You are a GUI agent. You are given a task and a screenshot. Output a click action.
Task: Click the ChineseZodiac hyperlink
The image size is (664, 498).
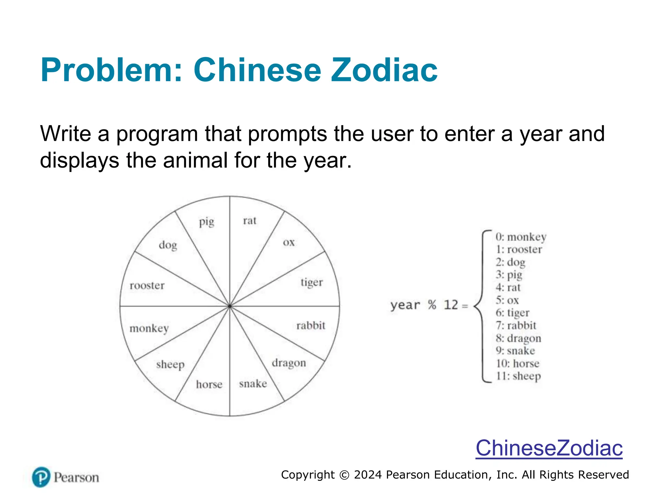click(x=549, y=448)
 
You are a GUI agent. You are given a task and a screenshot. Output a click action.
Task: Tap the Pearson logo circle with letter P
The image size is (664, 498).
click(x=41, y=477)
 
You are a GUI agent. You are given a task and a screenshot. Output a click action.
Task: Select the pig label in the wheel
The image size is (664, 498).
click(x=207, y=222)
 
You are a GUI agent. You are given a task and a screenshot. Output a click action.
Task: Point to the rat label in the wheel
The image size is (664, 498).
click(x=250, y=221)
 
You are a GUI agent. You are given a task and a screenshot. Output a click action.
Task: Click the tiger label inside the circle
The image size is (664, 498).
click(x=312, y=282)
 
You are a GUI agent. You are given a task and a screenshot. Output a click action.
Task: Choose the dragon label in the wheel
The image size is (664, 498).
click(x=289, y=363)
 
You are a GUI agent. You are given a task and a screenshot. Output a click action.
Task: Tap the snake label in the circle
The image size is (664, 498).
click(x=253, y=384)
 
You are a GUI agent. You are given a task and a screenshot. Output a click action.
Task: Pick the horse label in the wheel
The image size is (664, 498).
click(x=209, y=385)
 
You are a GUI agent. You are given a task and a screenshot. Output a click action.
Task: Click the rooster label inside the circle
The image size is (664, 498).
click(x=147, y=286)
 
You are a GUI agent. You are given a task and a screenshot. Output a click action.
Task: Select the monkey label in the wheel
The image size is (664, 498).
click(x=149, y=328)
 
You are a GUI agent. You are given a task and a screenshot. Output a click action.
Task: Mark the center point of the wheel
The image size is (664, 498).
click(x=230, y=306)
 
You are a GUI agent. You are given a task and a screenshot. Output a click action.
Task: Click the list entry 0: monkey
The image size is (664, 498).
click(x=521, y=237)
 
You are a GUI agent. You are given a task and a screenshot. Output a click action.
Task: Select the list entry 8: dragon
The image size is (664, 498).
click(x=518, y=338)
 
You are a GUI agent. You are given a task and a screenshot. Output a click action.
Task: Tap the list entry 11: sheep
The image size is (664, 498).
click(x=518, y=376)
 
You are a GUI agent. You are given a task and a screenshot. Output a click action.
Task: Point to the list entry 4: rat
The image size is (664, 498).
click(x=508, y=288)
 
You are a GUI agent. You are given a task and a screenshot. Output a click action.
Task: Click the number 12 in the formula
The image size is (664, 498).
click(x=451, y=305)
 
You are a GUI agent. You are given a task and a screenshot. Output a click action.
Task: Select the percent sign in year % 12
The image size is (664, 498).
click(x=432, y=305)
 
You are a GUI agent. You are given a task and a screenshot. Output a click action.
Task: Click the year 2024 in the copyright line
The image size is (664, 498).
click(x=368, y=475)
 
